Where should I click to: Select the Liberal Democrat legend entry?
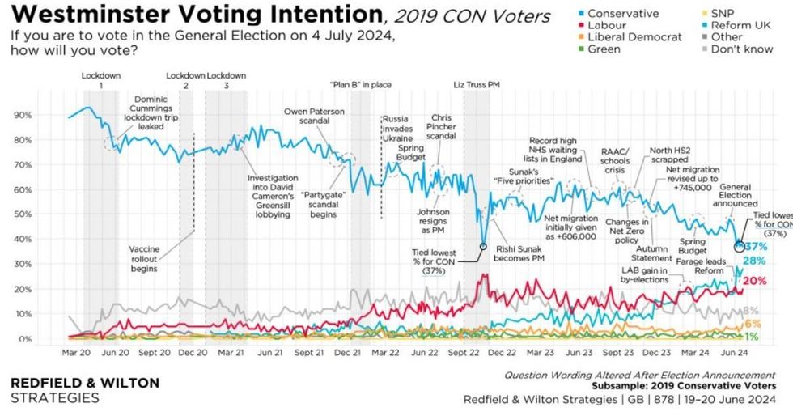click(634, 37)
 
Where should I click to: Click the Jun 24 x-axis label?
click(733, 353)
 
